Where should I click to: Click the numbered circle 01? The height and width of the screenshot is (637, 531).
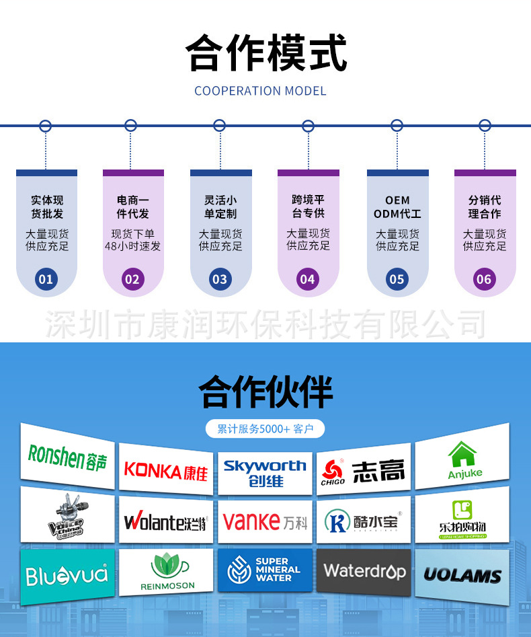[46, 279]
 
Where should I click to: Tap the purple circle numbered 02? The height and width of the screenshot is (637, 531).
[133, 279]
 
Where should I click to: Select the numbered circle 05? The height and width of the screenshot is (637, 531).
[397, 279]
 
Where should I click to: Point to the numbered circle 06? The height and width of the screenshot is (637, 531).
[484, 279]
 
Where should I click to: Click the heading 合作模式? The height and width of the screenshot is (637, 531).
[266, 54]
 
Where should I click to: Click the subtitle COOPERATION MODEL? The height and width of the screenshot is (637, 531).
[260, 91]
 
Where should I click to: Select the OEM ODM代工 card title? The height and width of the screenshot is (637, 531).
[397, 207]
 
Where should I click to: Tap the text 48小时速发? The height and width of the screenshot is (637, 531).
[133, 246]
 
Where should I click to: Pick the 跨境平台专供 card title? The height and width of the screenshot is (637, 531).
[308, 207]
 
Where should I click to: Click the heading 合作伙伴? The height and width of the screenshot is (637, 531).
[266, 391]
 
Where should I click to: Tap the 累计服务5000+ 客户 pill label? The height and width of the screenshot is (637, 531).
[265, 428]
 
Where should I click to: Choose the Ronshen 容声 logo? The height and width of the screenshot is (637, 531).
[67, 457]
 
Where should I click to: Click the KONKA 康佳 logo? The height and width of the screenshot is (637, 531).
[166, 470]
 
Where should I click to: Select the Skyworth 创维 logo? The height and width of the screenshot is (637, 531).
[265, 473]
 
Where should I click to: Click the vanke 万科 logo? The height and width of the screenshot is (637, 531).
[265, 521]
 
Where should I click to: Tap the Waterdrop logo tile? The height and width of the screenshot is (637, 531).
[364, 572]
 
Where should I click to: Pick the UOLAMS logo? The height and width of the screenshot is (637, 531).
[462, 575]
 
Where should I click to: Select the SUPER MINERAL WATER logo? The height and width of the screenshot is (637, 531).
[265, 570]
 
